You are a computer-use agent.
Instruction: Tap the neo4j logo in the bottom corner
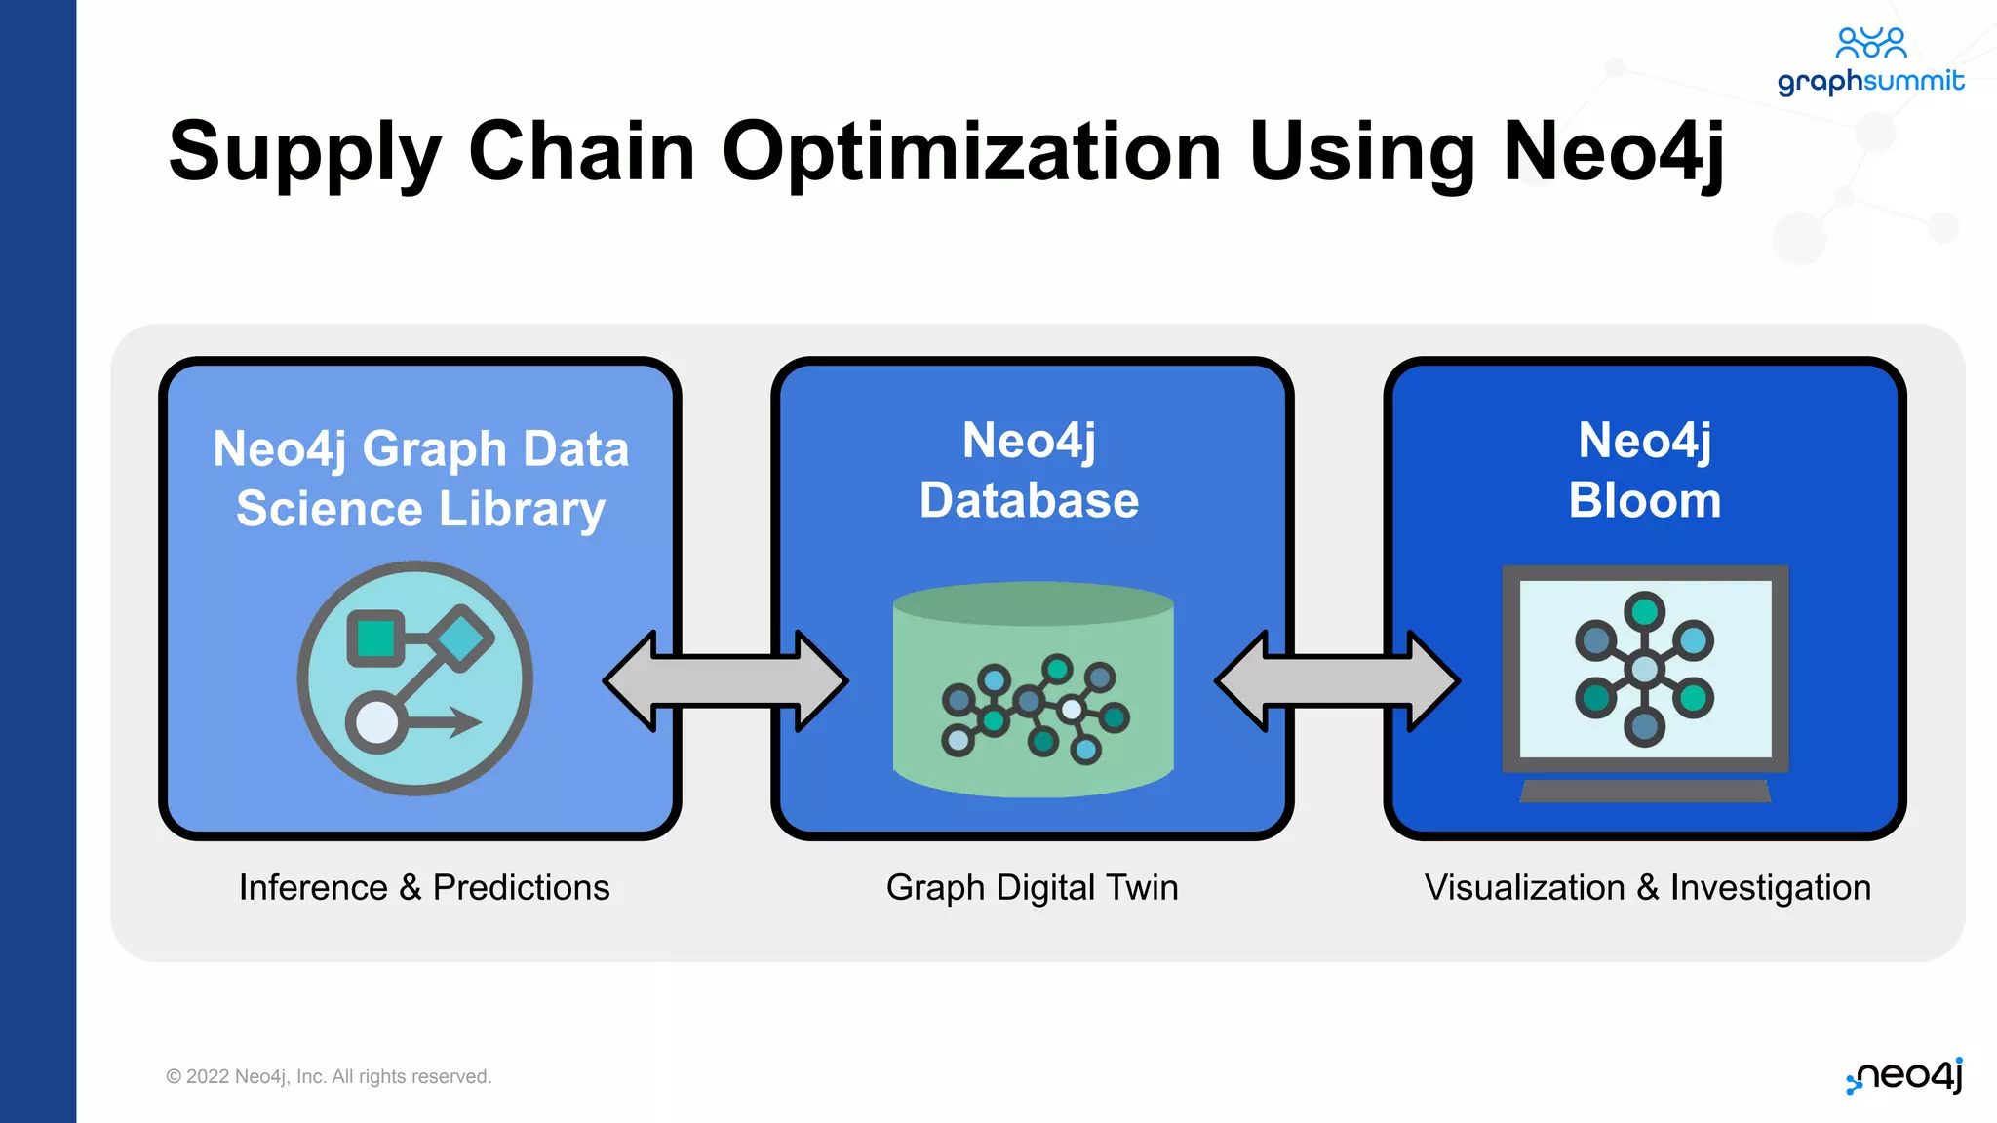(1904, 1076)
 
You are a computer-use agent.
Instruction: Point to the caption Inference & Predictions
(424, 887)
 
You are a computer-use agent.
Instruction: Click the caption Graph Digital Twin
(1032, 887)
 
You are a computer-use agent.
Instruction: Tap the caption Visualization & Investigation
(1647, 887)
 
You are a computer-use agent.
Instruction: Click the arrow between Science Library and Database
(725, 680)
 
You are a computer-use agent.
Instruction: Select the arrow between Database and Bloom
(1337, 680)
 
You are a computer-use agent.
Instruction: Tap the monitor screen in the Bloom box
(1645, 669)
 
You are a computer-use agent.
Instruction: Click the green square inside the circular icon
(376, 639)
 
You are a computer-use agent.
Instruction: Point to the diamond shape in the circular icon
(461, 639)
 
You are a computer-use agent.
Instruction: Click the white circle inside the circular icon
(377, 723)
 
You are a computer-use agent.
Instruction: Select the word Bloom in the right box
(1645, 501)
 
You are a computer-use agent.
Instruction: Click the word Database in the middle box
(1029, 501)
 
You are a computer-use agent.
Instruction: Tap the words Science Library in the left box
(420, 510)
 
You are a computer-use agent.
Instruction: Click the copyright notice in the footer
(329, 1076)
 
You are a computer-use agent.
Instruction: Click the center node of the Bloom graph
(1645, 669)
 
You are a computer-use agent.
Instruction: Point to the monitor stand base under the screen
(1645, 792)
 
